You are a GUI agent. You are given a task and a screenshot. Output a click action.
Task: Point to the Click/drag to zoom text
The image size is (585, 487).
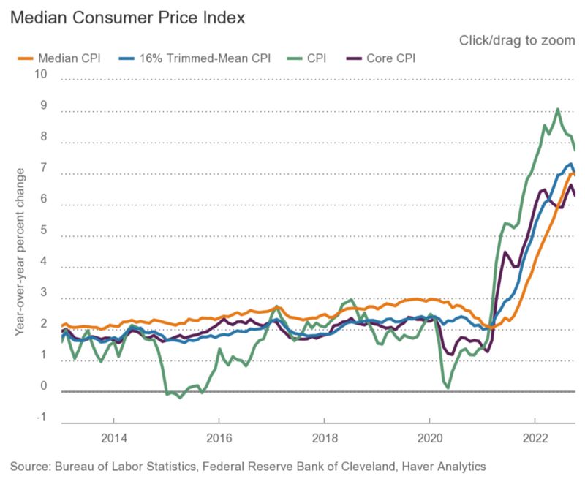click(517, 40)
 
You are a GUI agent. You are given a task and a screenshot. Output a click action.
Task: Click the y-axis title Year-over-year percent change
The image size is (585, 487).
click(20, 252)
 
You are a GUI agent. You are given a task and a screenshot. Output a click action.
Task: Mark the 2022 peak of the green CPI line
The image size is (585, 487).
click(558, 110)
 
